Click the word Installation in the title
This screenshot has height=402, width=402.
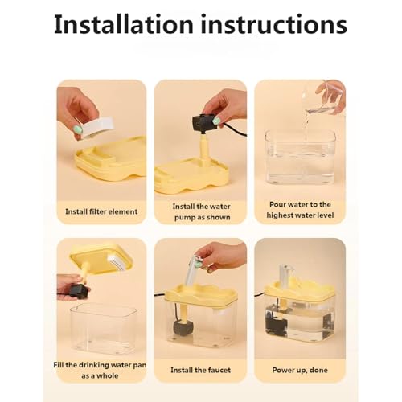click(x=123, y=25)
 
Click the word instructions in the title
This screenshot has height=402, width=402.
click(x=273, y=25)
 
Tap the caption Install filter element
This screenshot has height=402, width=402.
click(x=101, y=211)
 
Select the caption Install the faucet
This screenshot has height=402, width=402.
click(x=201, y=370)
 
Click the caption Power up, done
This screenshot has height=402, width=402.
click(x=300, y=370)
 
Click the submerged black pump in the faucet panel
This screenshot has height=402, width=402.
click(x=183, y=327)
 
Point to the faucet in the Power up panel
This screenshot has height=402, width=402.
click(x=285, y=275)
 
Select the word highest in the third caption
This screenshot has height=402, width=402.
click(x=281, y=215)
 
